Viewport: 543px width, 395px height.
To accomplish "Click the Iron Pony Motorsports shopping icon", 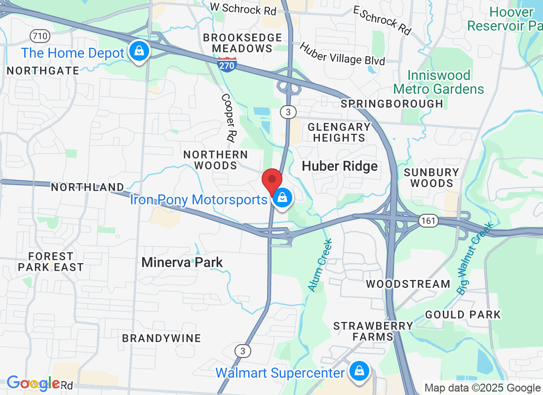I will (x=282, y=198).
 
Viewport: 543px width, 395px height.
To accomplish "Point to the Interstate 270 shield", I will (x=228, y=63).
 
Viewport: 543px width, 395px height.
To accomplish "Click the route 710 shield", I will (x=39, y=36).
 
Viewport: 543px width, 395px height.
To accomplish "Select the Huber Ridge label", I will (x=340, y=166).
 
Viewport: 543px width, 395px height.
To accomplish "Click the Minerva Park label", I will (x=182, y=262).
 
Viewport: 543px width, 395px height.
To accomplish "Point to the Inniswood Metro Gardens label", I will (x=439, y=82).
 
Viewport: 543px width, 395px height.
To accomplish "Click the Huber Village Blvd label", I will (x=342, y=53).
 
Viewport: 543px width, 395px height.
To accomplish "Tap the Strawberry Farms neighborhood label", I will (x=373, y=331).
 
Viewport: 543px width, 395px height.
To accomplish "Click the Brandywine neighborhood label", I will (x=161, y=338).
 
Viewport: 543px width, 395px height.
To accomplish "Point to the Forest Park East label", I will (x=51, y=262).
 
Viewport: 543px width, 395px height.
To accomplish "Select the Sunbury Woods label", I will (x=431, y=178).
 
